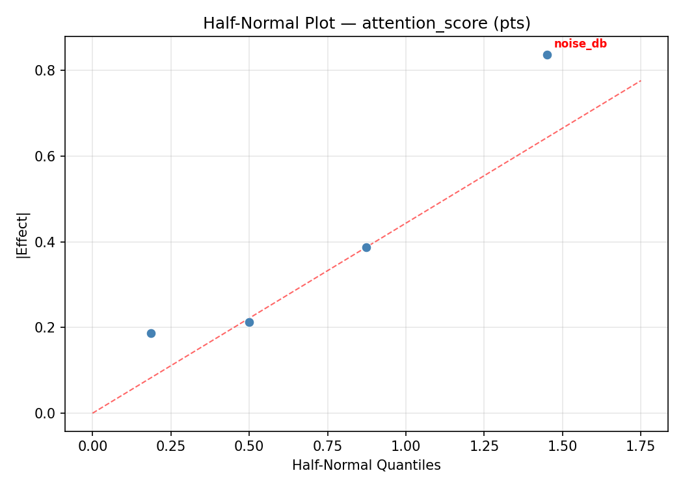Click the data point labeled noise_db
[x=547, y=55]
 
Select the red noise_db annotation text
[x=580, y=44]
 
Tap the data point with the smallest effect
[x=151, y=333]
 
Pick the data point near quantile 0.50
[x=249, y=322]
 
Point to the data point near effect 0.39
[x=366, y=247]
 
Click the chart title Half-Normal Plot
[x=366, y=23]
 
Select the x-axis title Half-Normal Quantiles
[x=366, y=465]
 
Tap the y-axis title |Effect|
[x=23, y=234]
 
